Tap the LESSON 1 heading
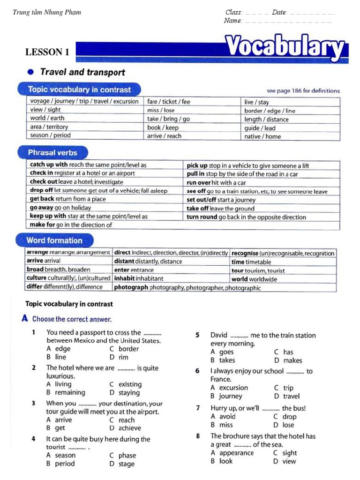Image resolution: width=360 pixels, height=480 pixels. coord(47,52)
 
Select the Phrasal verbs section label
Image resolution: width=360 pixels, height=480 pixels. coord(52,152)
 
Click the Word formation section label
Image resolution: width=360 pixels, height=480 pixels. coord(54,240)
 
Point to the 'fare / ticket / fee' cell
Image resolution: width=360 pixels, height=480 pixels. coord(169,101)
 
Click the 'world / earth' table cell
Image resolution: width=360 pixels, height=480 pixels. coord(47,118)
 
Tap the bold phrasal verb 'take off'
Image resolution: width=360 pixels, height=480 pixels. coord(197,209)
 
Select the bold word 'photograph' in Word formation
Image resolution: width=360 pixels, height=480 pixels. coord(131,288)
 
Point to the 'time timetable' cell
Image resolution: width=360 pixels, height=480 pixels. coord(251,262)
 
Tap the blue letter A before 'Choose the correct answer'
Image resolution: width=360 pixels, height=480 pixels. coord(25,319)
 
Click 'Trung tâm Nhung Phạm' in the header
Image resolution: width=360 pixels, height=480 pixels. coord(47,12)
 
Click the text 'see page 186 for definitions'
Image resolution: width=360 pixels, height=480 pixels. coord(303,91)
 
